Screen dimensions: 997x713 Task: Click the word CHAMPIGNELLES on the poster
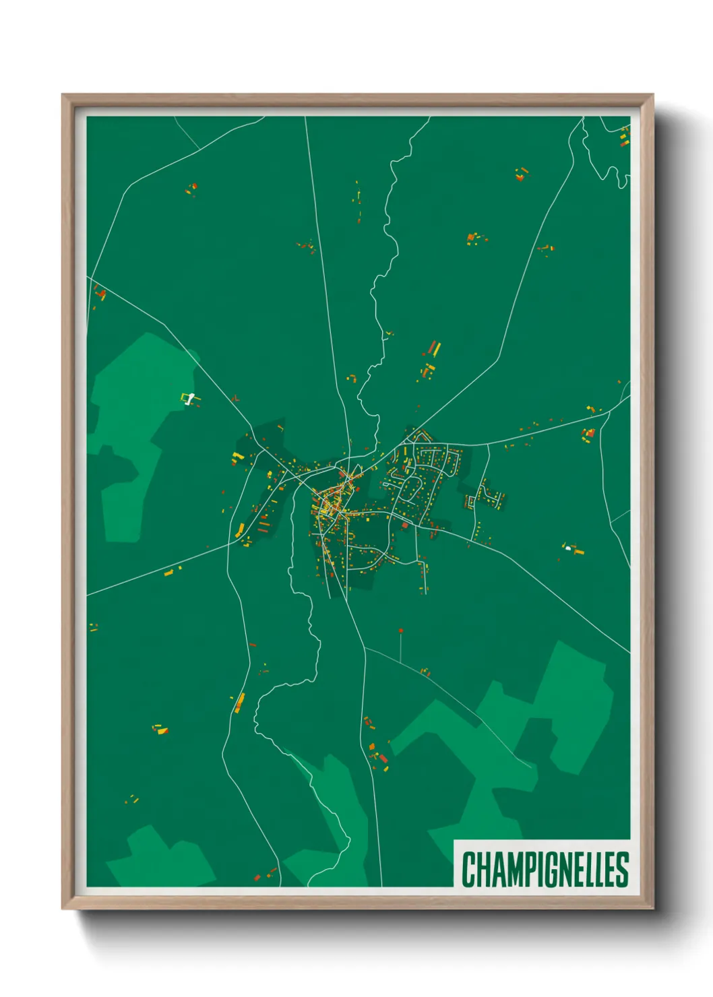click(545, 869)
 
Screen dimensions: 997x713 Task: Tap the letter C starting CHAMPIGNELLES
click(468, 870)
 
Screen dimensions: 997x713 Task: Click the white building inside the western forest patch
click(190, 399)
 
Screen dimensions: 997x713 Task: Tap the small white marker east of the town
click(569, 548)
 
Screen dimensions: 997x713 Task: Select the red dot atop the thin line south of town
click(401, 631)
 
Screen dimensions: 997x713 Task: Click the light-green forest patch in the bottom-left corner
click(162, 859)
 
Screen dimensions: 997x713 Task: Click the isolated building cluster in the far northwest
click(192, 188)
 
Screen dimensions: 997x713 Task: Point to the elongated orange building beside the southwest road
click(239, 703)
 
